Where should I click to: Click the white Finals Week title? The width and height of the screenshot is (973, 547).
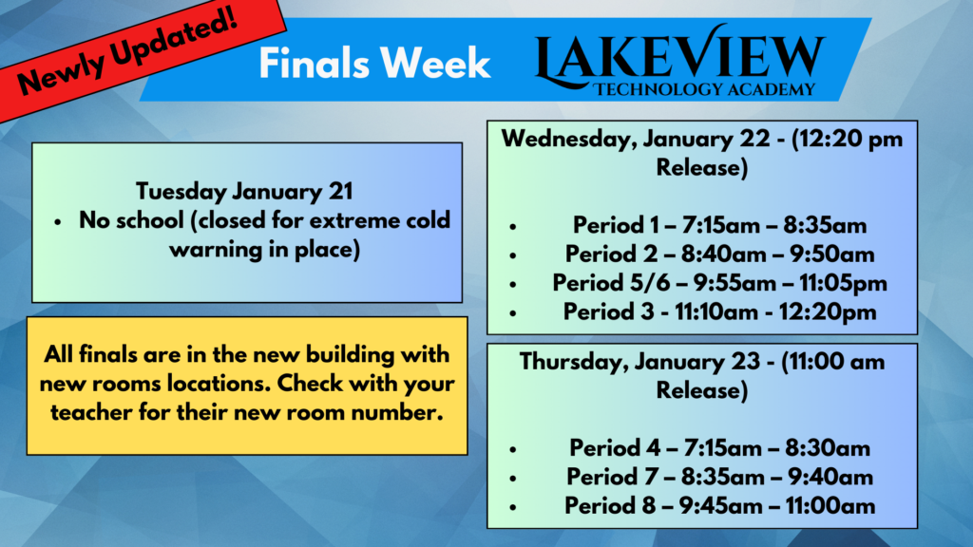point(374,64)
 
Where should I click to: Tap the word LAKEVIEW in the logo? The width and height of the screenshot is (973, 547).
point(679,56)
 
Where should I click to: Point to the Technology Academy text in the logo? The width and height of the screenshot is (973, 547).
point(704,90)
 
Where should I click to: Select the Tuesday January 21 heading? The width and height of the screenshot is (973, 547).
point(244,191)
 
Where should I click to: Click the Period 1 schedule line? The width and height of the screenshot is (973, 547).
point(719,225)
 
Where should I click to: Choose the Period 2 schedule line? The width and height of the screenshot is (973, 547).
point(720,255)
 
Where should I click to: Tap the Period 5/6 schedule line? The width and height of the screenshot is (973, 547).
point(720,283)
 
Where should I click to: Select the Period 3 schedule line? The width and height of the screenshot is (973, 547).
point(720,311)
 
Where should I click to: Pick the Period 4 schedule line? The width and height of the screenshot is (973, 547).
point(720,448)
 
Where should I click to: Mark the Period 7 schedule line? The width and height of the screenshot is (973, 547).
point(720,477)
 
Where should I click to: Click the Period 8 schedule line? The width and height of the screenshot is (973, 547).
point(720,506)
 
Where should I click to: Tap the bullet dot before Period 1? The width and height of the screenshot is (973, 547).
point(512,227)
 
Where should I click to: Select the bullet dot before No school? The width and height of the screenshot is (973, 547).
point(58,222)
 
